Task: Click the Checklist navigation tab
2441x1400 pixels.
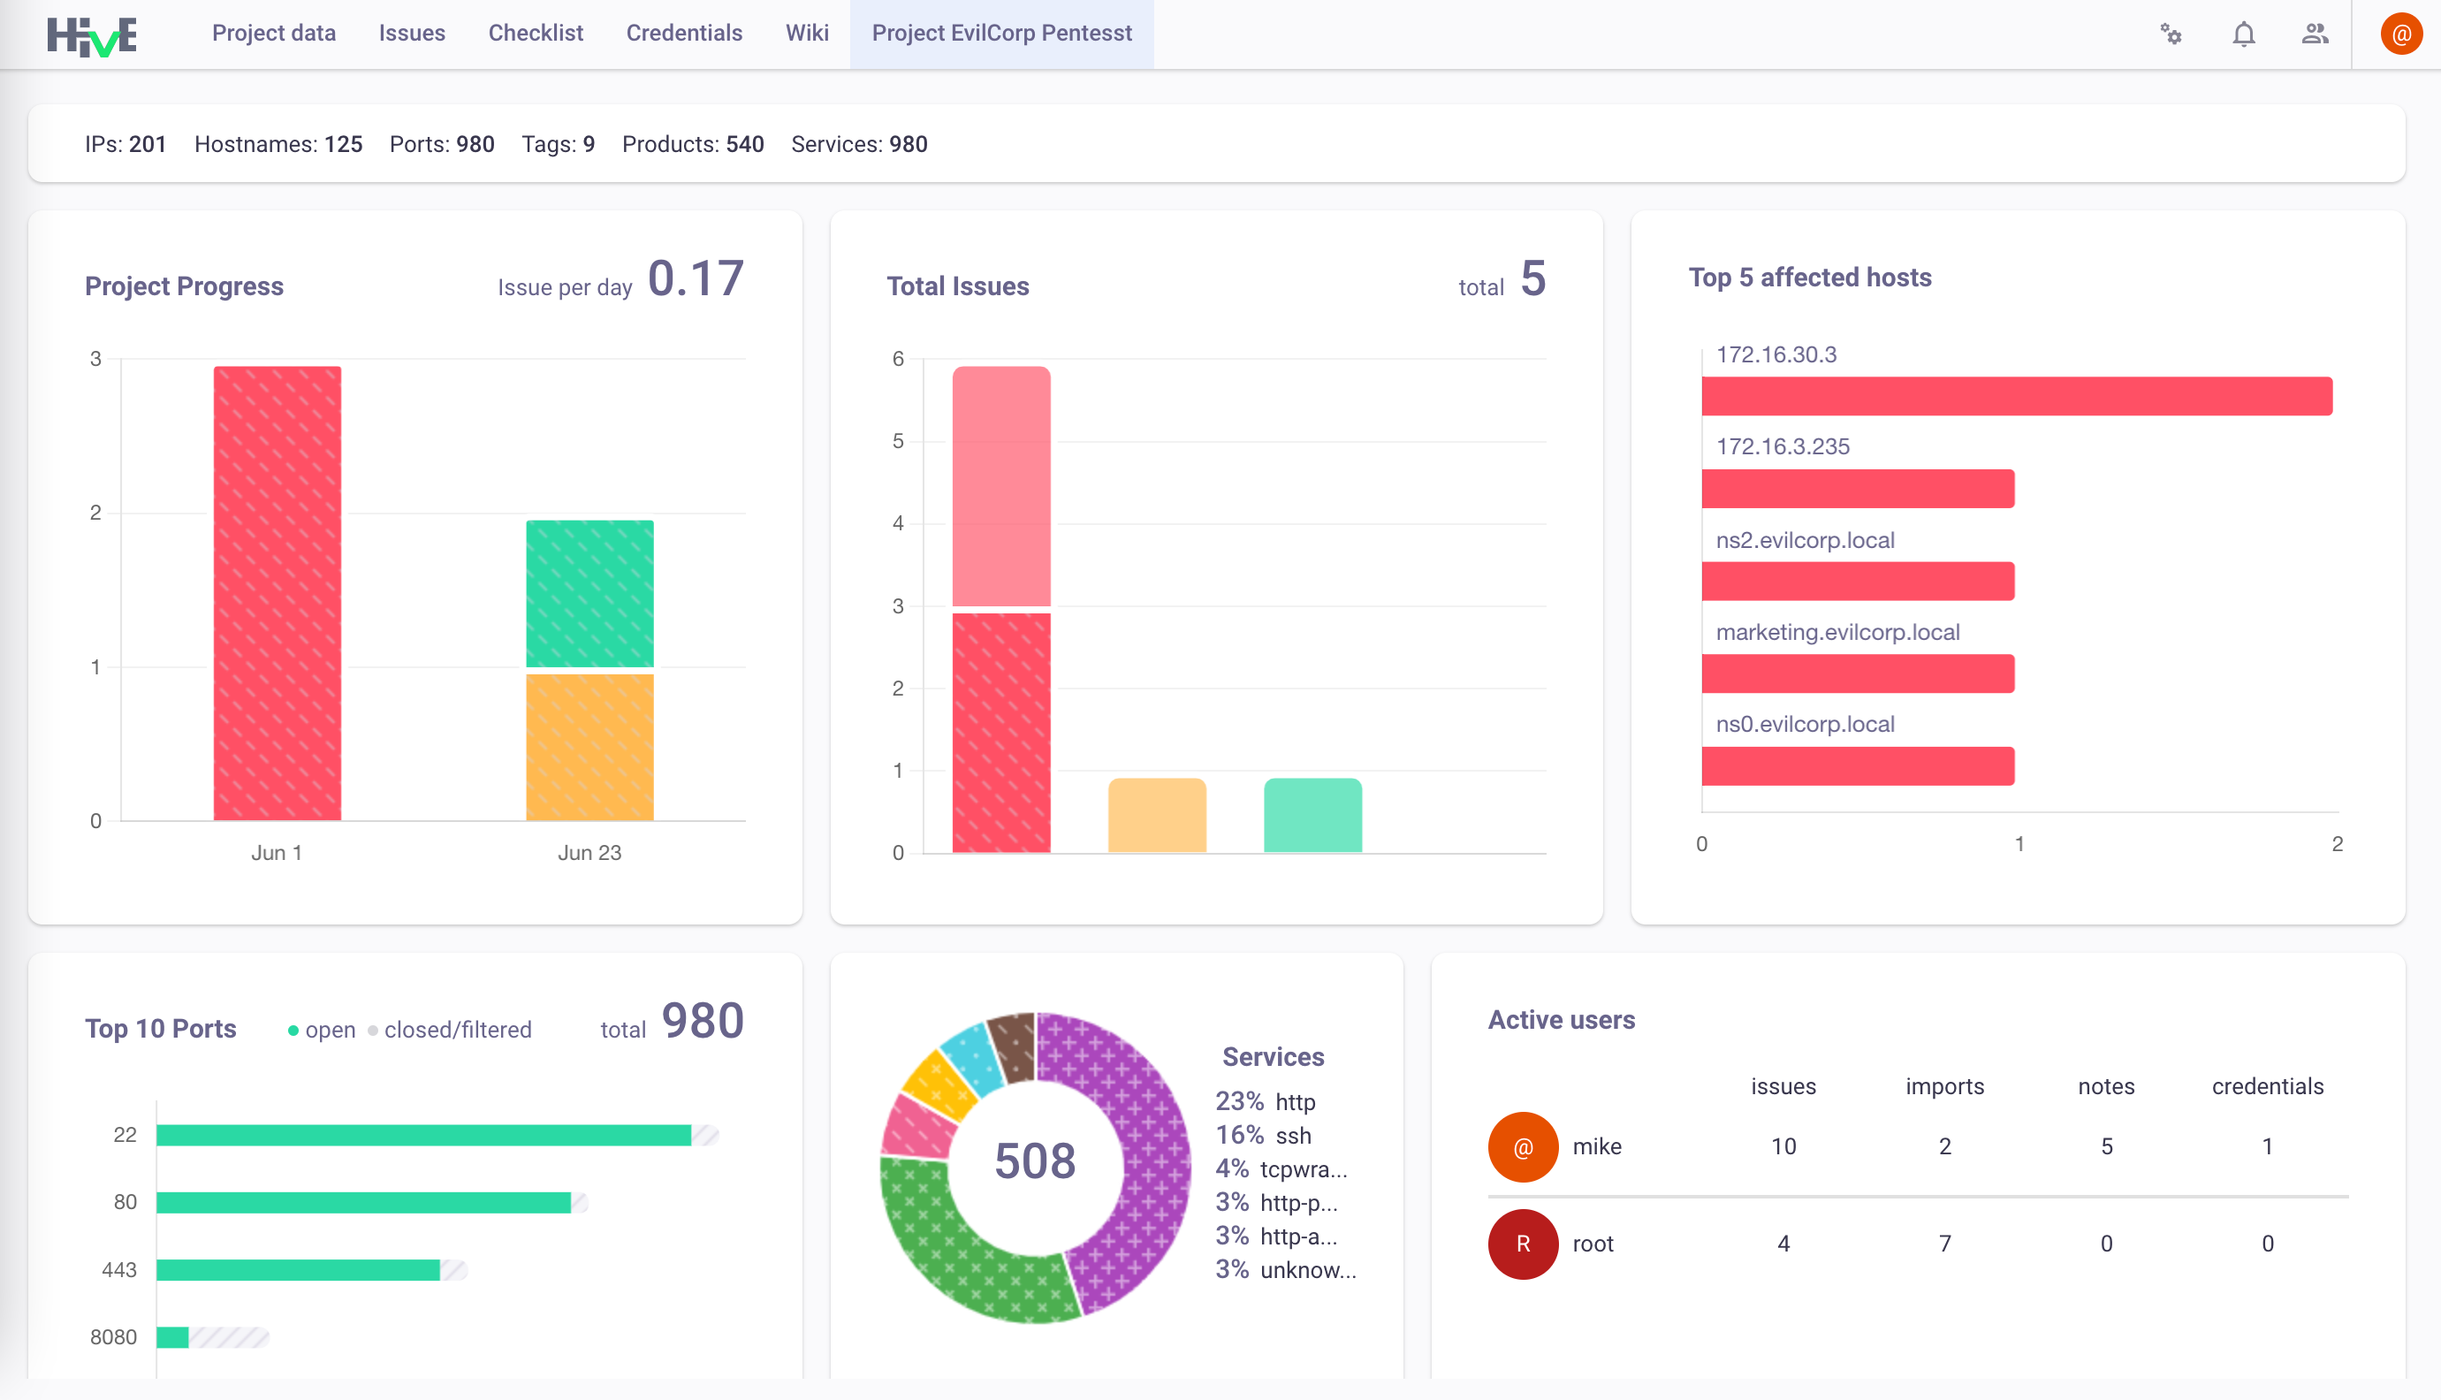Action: [536, 33]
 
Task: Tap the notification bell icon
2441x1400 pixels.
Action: [2243, 34]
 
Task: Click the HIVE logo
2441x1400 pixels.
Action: [91, 36]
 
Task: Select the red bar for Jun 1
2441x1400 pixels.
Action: [277, 592]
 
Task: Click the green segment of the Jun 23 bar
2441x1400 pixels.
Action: [589, 593]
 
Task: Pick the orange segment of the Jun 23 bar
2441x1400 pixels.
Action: [589, 747]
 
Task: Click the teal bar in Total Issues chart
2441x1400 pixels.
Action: [1312, 816]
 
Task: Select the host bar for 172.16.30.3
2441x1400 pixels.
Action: [2017, 396]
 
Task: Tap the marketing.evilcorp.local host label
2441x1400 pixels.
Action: [1837, 632]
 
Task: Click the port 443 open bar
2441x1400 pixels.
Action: [298, 1269]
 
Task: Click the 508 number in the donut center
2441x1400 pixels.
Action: [1035, 1160]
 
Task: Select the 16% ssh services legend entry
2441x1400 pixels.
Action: [1262, 1135]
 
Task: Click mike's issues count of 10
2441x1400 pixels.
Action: [1783, 1146]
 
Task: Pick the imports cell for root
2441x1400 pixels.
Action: [1945, 1244]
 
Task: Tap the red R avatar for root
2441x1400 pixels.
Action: [1523, 1244]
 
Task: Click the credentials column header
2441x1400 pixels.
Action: [2267, 1085]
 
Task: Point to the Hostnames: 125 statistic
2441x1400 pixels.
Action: [278, 144]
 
